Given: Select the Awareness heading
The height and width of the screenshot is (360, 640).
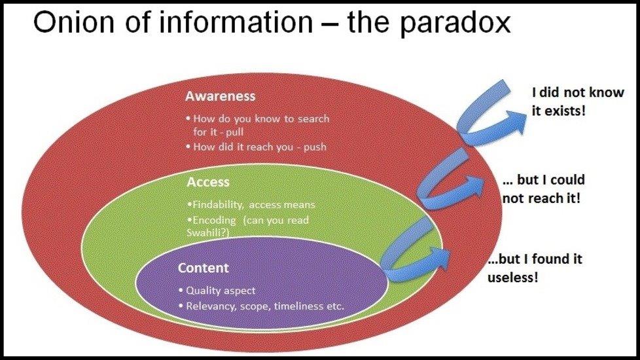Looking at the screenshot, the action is pos(221,96).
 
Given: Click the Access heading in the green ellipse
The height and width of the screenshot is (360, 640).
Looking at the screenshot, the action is pos(208,182).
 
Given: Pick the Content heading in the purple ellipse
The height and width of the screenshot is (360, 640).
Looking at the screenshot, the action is pos(204,268).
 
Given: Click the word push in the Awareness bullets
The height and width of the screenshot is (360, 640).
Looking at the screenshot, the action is pos(315,147).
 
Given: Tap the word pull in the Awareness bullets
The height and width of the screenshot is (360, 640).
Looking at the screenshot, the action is pos(235,132).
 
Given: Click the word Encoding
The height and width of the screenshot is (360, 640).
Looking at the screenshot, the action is pos(214,221).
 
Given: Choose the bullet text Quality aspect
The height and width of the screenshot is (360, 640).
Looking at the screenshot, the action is pos(221,291).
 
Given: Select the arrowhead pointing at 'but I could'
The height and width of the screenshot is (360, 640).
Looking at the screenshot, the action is pos(474,186).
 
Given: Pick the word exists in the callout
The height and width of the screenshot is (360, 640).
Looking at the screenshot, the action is pos(565,111).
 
